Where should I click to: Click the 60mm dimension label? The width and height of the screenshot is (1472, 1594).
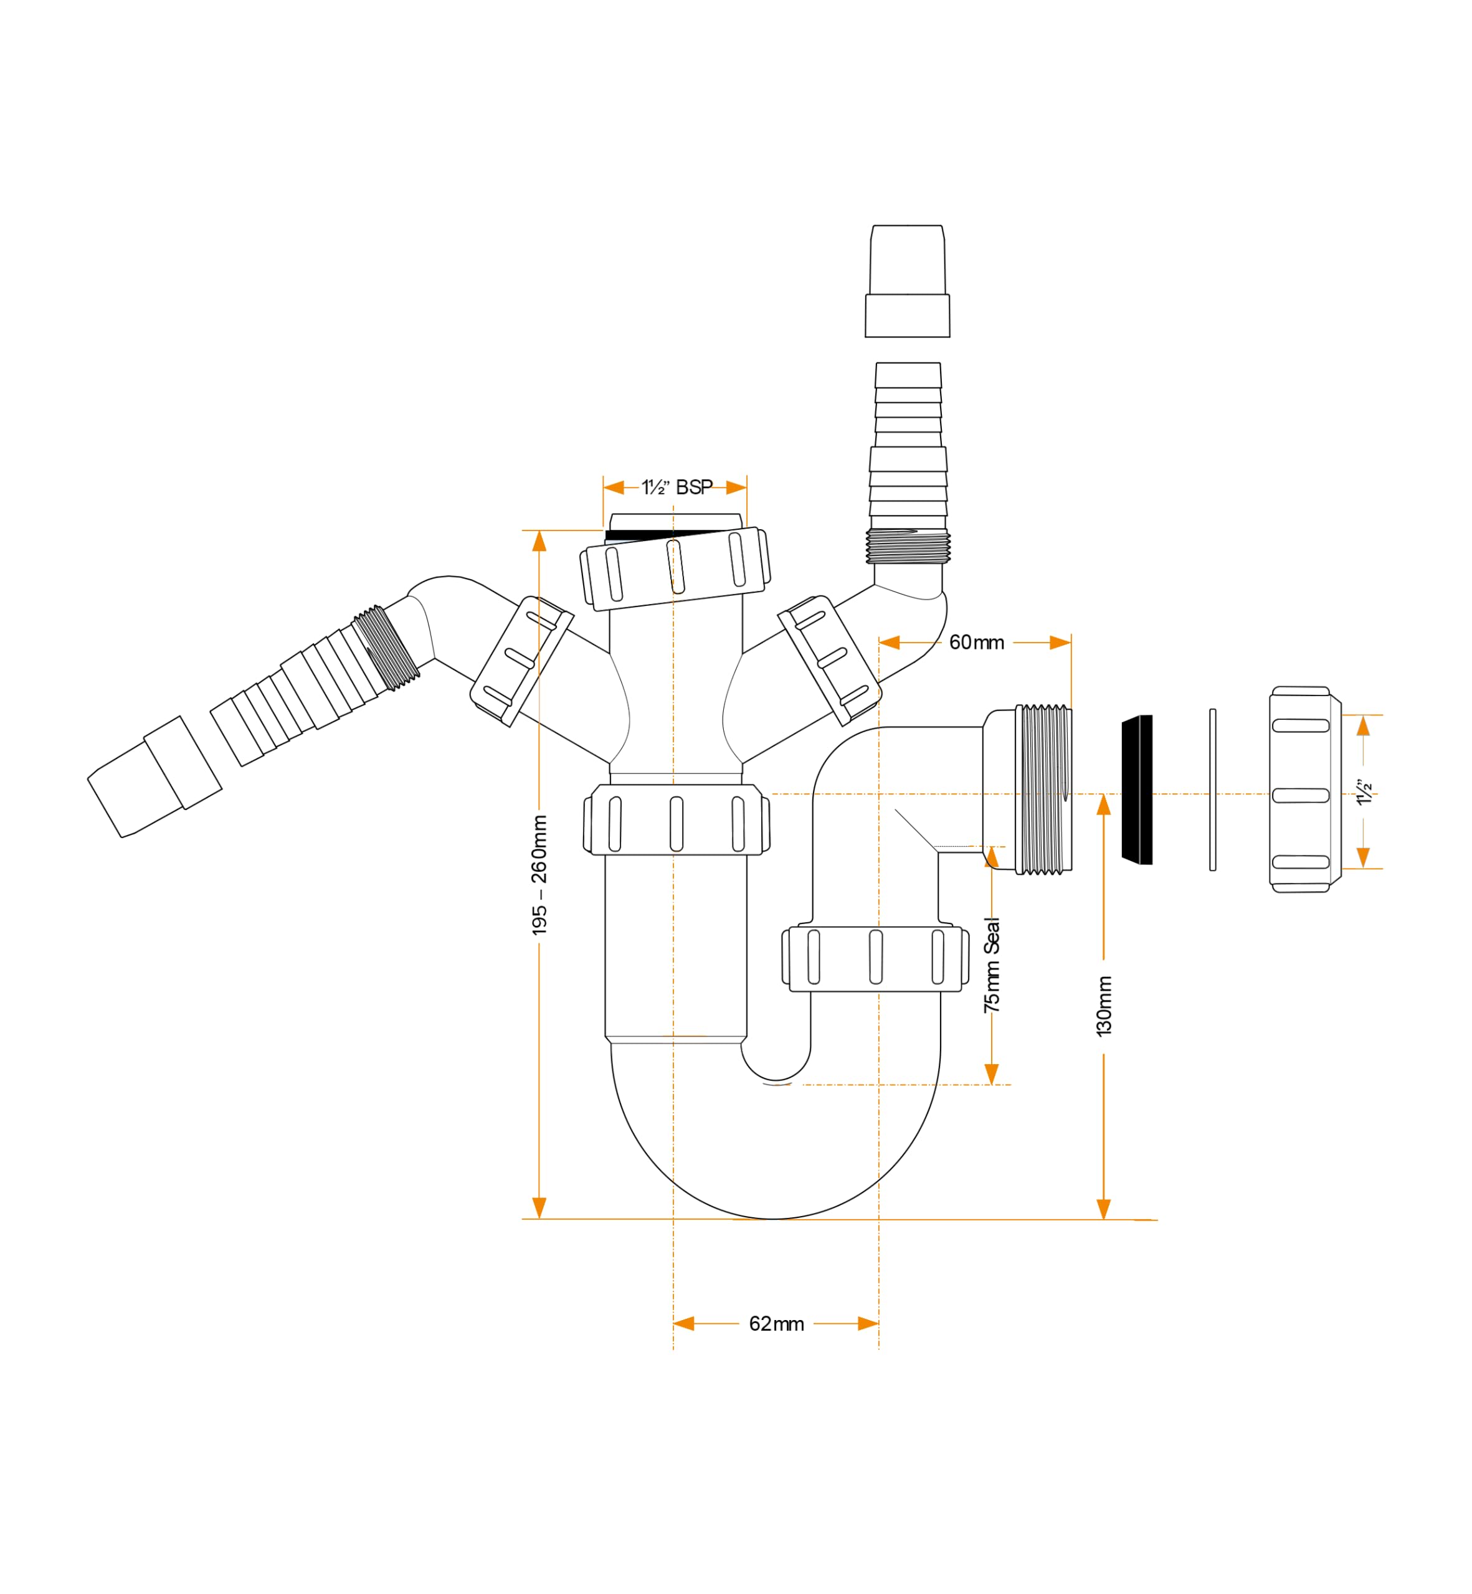(977, 643)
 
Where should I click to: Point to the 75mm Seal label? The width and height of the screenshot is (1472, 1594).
(992, 966)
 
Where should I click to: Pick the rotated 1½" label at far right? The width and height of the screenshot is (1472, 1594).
(1365, 792)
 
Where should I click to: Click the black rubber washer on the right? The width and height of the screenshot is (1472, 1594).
(1137, 789)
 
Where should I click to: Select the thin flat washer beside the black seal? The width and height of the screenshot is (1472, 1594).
(1212, 790)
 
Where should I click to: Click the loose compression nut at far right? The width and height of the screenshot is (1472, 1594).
(1304, 789)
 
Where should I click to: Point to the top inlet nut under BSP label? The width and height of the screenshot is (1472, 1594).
(675, 568)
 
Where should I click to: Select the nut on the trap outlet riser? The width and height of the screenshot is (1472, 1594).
(875, 959)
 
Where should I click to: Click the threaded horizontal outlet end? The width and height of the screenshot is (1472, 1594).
(1043, 789)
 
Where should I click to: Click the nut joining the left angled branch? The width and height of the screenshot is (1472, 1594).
(522, 661)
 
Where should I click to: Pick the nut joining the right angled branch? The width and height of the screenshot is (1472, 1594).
(829, 660)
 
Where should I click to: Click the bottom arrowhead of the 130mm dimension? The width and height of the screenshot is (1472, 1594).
(1103, 1208)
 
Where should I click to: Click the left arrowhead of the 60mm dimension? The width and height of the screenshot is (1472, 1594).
(889, 643)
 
